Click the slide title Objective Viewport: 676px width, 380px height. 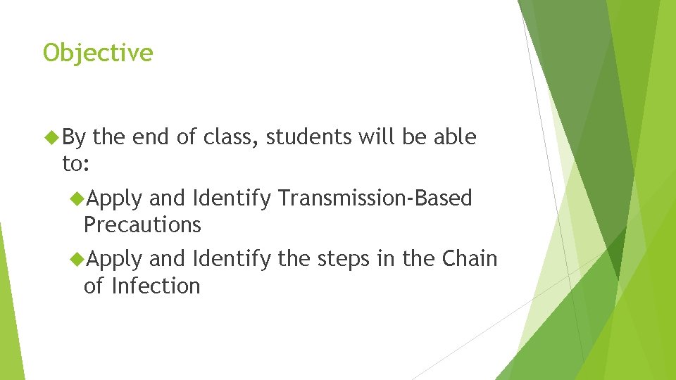click(x=98, y=53)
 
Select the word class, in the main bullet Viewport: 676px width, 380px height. click(x=233, y=137)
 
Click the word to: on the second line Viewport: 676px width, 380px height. click(x=75, y=164)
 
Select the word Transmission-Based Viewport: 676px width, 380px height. click(x=375, y=198)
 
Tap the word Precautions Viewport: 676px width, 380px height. click(x=142, y=225)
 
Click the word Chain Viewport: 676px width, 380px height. click(x=470, y=259)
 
